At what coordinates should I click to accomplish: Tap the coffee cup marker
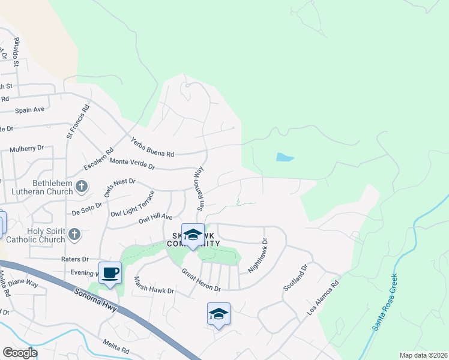tap(110, 273)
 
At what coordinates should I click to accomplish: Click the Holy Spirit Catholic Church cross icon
tap(74, 234)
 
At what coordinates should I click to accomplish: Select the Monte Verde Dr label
tap(132, 162)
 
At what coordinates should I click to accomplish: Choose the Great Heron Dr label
tap(202, 280)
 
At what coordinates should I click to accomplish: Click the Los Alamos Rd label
tap(323, 298)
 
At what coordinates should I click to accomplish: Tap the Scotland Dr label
tap(295, 277)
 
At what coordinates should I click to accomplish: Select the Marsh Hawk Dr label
tap(154, 286)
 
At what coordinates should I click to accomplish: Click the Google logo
tap(19, 353)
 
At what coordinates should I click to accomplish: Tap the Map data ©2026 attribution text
tap(423, 355)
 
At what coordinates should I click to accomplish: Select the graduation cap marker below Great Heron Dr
tap(218, 314)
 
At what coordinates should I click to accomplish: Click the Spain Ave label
tap(30, 110)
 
